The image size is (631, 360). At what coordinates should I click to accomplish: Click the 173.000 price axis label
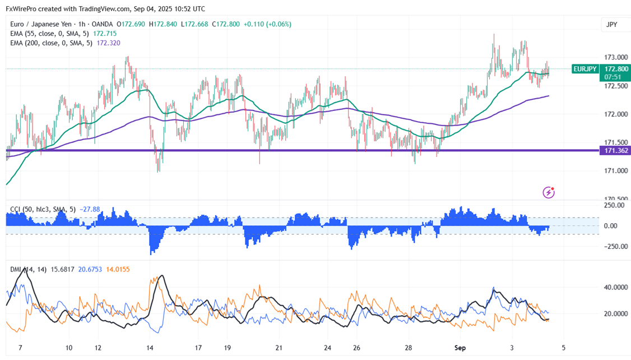(615, 57)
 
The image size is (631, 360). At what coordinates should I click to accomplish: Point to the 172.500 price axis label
(615, 86)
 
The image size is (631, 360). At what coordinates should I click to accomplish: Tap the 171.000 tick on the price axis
(615, 170)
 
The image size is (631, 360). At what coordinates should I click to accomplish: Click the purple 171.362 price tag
(615, 151)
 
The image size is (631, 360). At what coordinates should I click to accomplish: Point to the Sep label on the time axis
(460, 348)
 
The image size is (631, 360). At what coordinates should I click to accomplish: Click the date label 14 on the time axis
(150, 348)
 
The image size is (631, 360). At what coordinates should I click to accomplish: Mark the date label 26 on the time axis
(356, 348)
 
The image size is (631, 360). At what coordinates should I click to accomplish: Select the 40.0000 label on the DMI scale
(615, 287)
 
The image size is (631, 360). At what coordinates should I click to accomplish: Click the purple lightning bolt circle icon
(549, 192)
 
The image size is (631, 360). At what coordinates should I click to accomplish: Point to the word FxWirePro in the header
(21, 8)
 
